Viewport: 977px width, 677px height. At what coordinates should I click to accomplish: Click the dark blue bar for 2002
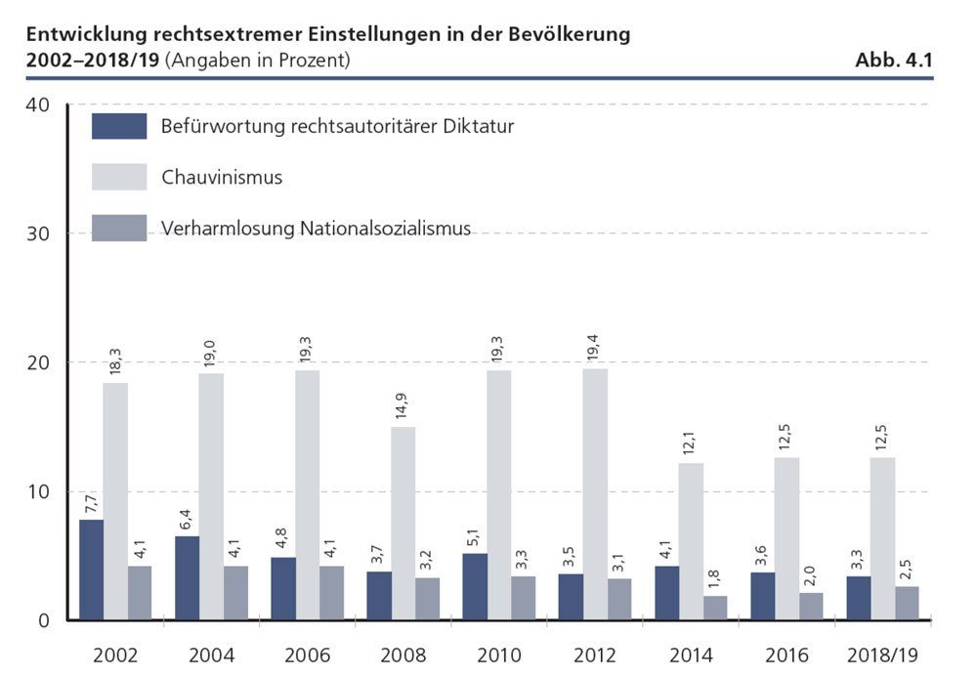91,570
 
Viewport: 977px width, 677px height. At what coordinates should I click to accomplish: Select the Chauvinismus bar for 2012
595,493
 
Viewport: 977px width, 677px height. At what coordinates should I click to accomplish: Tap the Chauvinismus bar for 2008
404,523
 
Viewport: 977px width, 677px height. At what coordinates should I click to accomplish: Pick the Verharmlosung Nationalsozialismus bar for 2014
715,608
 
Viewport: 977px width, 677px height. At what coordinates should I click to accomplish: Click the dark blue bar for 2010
474,586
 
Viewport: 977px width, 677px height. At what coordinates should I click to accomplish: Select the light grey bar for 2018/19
882,538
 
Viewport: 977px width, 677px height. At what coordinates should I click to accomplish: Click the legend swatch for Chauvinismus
119,177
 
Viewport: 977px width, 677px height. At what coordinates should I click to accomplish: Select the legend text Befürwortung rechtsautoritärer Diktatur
337,126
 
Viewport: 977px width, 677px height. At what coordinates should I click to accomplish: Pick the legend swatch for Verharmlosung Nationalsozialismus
119,229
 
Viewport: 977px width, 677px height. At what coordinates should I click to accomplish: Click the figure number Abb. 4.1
894,60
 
